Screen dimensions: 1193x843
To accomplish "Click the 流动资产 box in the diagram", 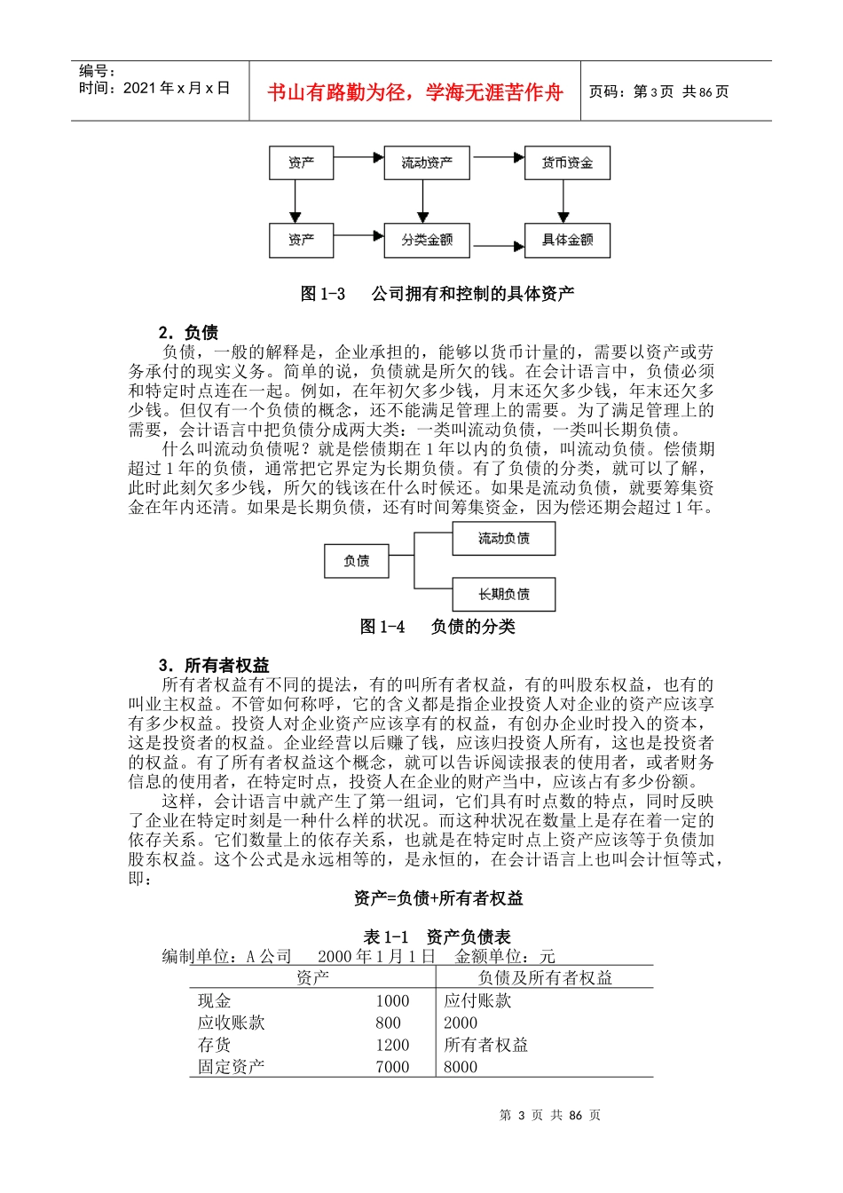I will tap(427, 163).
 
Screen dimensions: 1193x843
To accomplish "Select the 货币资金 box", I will tap(567, 163).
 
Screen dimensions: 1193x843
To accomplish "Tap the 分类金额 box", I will tap(427, 241).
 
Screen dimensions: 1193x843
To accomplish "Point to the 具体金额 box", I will tap(567, 241).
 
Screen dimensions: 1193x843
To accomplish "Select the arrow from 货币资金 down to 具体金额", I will tap(563, 201).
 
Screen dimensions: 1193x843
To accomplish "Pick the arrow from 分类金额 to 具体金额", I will tap(497, 246).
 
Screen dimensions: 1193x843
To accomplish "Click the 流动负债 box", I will tap(503, 539).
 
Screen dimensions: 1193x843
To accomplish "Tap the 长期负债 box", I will tap(503, 595).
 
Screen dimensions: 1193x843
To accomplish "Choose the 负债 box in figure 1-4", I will tap(356, 561).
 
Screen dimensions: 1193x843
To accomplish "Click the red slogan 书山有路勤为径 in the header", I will tap(415, 92).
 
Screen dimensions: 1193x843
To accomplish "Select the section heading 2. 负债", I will tap(188, 333).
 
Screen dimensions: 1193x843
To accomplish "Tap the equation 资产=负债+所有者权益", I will tap(438, 898).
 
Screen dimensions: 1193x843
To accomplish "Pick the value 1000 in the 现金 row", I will tap(392, 1001).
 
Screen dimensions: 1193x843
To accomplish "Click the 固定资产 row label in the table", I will tap(231, 1067).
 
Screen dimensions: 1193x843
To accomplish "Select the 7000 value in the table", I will tap(392, 1067).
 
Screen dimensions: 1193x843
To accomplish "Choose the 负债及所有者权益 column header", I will tap(545, 978).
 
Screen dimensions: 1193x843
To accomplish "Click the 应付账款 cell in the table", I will tap(477, 1001).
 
